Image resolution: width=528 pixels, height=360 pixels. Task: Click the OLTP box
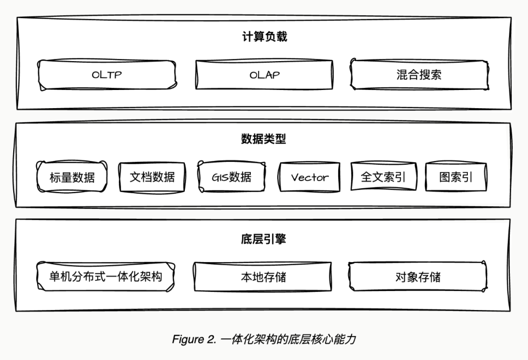[x=107, y=75]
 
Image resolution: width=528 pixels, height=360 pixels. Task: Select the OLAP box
[x=264, y=75]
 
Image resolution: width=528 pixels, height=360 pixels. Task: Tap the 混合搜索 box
[x=419, y=75]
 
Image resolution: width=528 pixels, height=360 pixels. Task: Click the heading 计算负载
[x=264, y=37]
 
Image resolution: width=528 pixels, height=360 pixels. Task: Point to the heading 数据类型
[x=264, y=139]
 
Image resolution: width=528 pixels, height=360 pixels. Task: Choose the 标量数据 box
[x=72, y=177]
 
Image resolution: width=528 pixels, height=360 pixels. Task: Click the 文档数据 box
[x=152, y=177]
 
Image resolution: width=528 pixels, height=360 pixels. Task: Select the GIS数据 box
[x=232, y=177]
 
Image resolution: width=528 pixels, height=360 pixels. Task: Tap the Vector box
[x=309, y=177]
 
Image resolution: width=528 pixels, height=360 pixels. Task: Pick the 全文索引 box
[x=383, y=177]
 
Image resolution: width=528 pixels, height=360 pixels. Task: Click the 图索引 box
[x=456, y=177]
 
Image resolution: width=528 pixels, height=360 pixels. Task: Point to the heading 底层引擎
[x=264, y=239]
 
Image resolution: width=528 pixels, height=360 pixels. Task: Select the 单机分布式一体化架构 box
[x=106, y=276]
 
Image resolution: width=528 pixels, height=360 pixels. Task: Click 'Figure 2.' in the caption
[x=194, y=339]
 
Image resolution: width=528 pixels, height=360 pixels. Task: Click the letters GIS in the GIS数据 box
[x=220, y=177]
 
